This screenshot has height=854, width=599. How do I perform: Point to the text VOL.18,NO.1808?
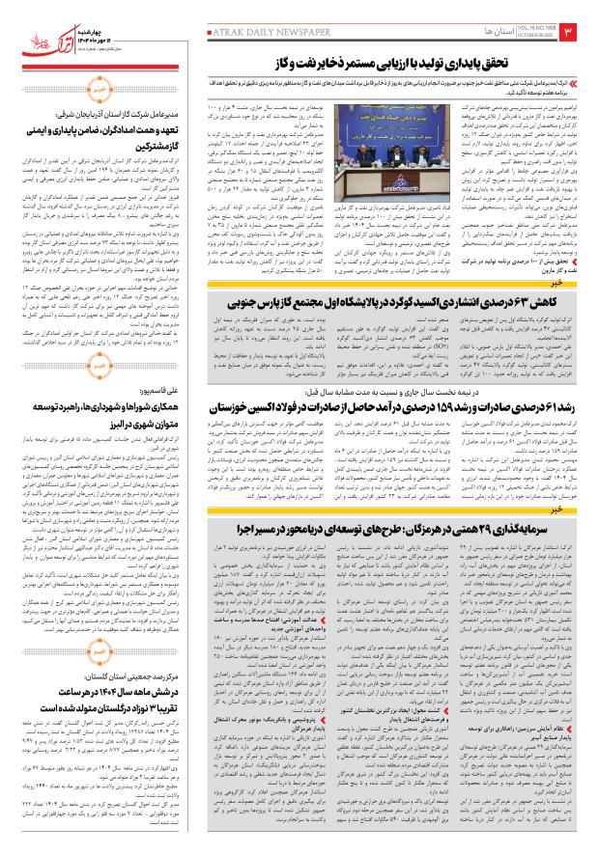[528, 29]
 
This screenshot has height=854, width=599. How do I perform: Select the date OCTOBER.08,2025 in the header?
[528, 38]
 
